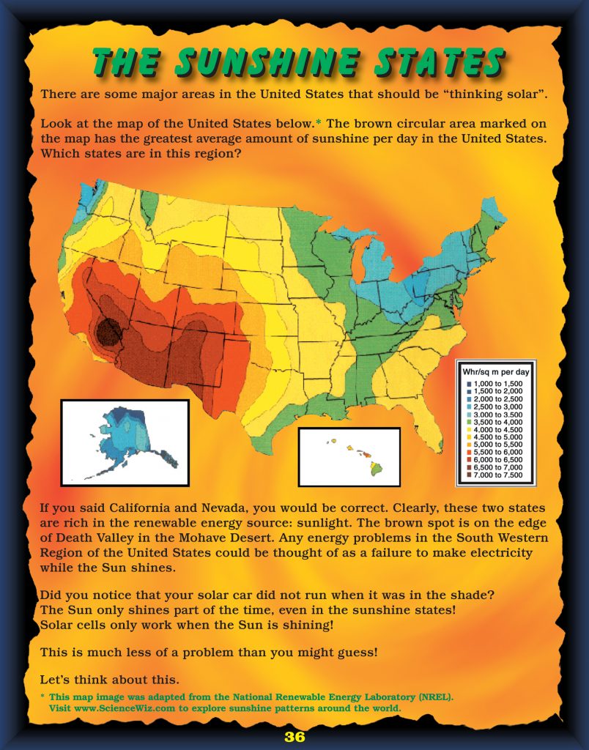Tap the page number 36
pyautogui.click(x=294, y=737)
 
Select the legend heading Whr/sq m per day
pyautogui.click(x=496, y=371)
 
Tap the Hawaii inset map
pyautogui.click(x=349, y=458)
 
